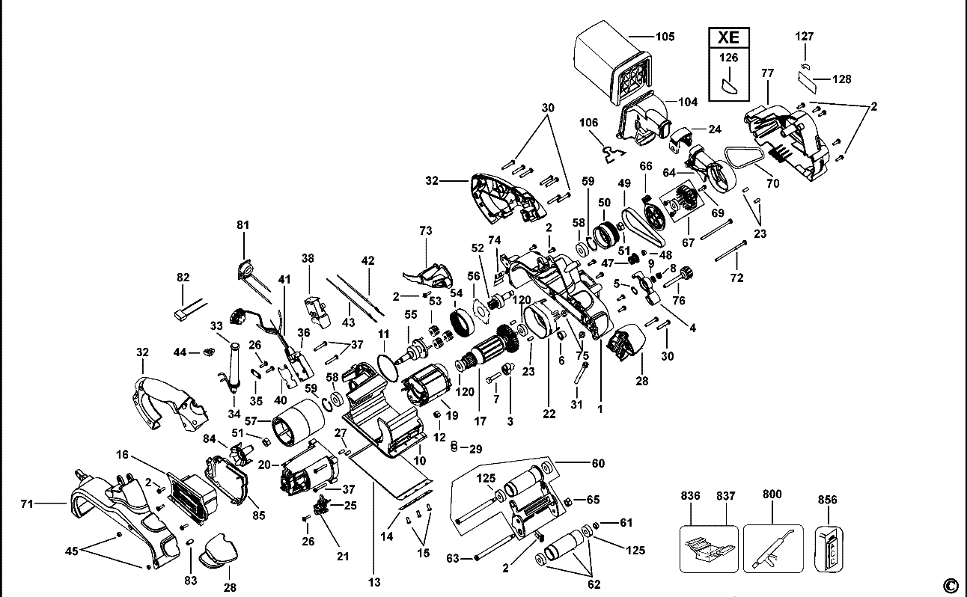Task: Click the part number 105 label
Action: click(x=665, y=36)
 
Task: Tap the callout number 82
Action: click(x=183, y=277)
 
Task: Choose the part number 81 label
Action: click(x=243, y=224)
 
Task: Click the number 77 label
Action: click(x=767, y=73)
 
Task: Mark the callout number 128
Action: click(x=842, y=79)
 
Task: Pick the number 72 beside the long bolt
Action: click(x=737, y=278)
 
